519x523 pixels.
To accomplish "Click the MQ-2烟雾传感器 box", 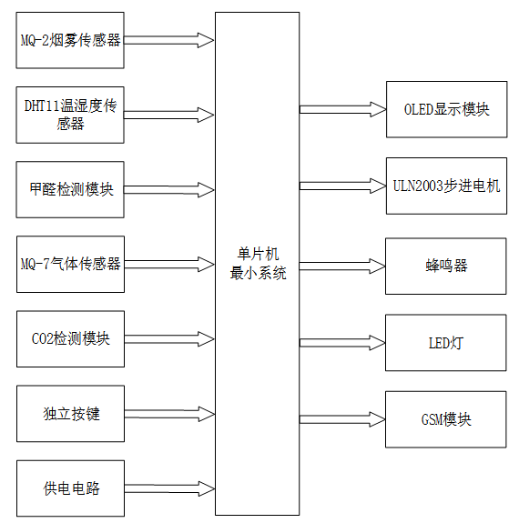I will click(70, 40).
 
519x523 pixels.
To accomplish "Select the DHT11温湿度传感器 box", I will click(70, 115).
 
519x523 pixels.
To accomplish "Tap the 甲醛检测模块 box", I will click(70, 189).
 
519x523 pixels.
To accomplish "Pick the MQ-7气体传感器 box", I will click(70, 264).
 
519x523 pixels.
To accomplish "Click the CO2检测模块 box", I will click(70, 338).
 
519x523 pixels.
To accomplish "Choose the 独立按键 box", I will click(70, 413).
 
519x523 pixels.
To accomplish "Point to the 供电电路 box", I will click(70, 488).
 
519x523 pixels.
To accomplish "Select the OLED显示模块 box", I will click(445, 109).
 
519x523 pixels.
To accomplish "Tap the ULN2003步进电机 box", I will click(445, 186).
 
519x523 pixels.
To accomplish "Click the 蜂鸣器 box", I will click(445, 266).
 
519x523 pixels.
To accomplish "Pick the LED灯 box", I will click(445, 343).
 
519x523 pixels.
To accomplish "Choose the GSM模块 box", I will click(445, 419).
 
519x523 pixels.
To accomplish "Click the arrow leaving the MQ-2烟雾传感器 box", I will click(169, 40).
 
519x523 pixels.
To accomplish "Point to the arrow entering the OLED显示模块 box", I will click(342, 109).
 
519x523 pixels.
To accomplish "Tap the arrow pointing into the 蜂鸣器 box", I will click(342, 267).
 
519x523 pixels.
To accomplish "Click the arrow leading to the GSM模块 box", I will click(342, 420).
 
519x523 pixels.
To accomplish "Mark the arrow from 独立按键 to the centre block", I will click(169, 413).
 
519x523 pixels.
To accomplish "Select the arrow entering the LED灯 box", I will click(342, 343).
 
